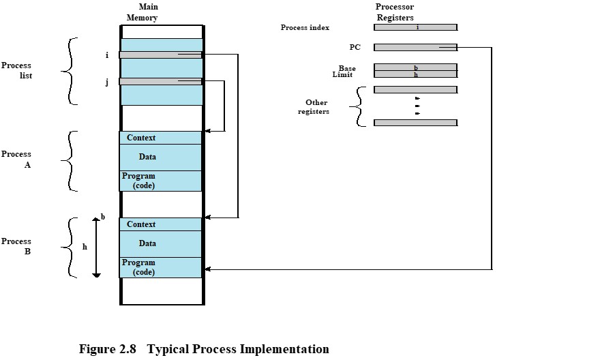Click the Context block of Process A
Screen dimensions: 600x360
pos(160,138)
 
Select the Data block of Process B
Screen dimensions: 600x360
pos(160,243)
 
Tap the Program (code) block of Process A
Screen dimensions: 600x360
pos(160,181)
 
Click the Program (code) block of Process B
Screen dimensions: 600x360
pos(160,267)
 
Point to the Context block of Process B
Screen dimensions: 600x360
pos(160,224)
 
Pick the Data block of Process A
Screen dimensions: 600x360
pos(160,157)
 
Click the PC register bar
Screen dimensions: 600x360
pos(415,48)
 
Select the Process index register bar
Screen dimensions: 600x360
pos(415,27)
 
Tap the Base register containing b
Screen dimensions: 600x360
pos(415,67)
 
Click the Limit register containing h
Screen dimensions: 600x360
pos(415,74)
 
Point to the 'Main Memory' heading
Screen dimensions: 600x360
pos(142,12)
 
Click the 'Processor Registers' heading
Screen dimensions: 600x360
pos(395,12)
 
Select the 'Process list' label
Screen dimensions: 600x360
pos(16,70)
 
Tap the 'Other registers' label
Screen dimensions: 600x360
pos(314,107)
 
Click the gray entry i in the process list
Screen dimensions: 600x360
pos(160,55)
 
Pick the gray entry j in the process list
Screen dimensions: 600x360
pos(160,82)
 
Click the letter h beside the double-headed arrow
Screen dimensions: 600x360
pos(85,247)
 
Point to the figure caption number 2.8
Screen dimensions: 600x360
pos(127,349)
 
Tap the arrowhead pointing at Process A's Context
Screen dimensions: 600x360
pos(208,131)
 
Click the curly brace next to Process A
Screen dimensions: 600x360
pos(70,161)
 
